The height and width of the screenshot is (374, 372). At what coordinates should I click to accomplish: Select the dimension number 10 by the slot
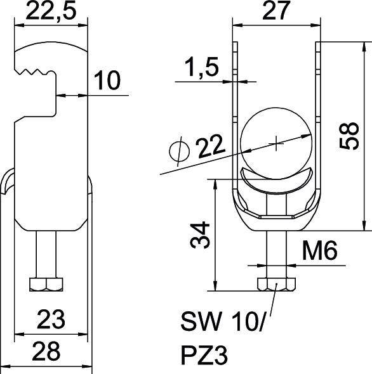pos(107,81)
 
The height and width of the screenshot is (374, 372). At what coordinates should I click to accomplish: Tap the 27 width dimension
pos(276,11)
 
